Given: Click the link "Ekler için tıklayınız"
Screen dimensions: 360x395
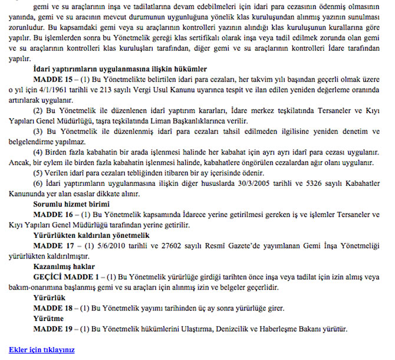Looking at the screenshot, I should [x=42, y=349].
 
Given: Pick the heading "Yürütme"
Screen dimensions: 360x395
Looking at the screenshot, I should [x=46, y=319].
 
